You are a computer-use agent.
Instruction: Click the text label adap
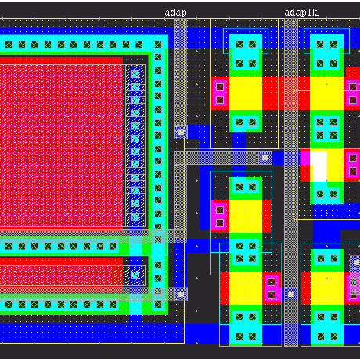[175, 13]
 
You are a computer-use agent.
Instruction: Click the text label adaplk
[301, 13]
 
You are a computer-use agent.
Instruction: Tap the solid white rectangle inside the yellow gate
[319, 166]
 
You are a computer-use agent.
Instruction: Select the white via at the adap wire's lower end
[181, 132]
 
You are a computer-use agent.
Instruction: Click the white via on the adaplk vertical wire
[291, 295]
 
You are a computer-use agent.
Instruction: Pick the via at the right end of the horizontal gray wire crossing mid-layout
[265, 158]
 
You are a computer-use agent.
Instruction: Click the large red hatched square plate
[61, 142]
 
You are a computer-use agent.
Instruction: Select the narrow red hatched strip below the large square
[61, 275]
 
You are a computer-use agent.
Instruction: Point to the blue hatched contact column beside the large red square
[135, 146]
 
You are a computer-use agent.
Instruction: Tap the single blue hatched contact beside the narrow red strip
[135, 275]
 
